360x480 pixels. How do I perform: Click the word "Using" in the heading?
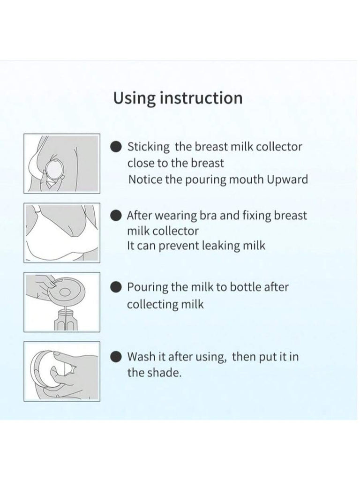tap(134, 98)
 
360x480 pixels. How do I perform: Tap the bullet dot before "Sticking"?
tap(116, 147)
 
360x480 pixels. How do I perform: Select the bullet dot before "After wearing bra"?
tap(116, 215)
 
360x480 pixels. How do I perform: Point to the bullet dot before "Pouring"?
tap(116, 287)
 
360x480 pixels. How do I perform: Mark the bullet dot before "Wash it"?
tap(116, 357)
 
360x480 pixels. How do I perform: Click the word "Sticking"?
tap(149, 147)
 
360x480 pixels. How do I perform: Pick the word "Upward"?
tap(287, 180)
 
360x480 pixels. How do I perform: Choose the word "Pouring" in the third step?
tap(148, 288)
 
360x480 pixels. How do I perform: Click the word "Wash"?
tap(141, 357)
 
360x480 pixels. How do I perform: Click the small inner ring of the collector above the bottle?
tap(65, 292)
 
